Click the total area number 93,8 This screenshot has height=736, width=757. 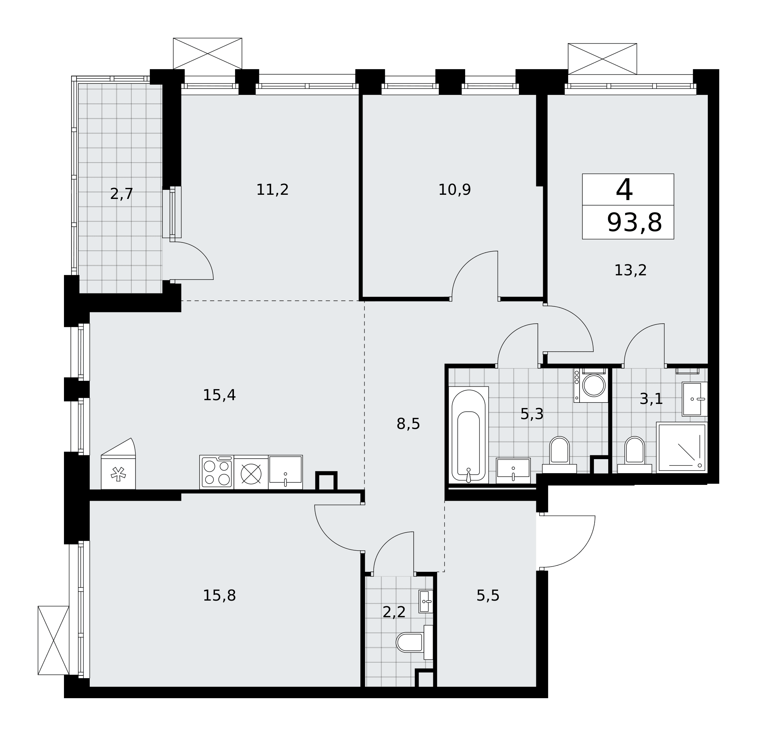[634, 223]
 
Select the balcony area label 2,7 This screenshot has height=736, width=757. [121, 194]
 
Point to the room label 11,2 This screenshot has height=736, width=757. [272, 190]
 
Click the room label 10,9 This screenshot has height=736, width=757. [455, 190]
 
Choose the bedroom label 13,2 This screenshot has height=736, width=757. [631, 270]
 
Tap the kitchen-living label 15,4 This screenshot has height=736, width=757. [219, 395]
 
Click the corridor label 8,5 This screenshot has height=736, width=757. [408, 424]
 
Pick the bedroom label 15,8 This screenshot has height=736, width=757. [219, 596]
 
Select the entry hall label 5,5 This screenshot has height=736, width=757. [488, 596]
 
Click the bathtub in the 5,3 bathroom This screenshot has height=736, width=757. [469, 435]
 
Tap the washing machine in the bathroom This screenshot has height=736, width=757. [591, 385]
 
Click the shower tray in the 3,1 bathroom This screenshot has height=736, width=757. [682, 448]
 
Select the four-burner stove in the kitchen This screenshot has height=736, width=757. [217, 472]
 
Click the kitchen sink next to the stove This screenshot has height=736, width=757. [285, 472]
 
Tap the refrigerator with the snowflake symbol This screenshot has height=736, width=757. [118, 464]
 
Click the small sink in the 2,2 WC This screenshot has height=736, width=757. [425, 601]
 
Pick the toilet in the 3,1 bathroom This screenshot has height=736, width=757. [634, 455]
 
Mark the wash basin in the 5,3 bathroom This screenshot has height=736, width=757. [513, 470]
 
